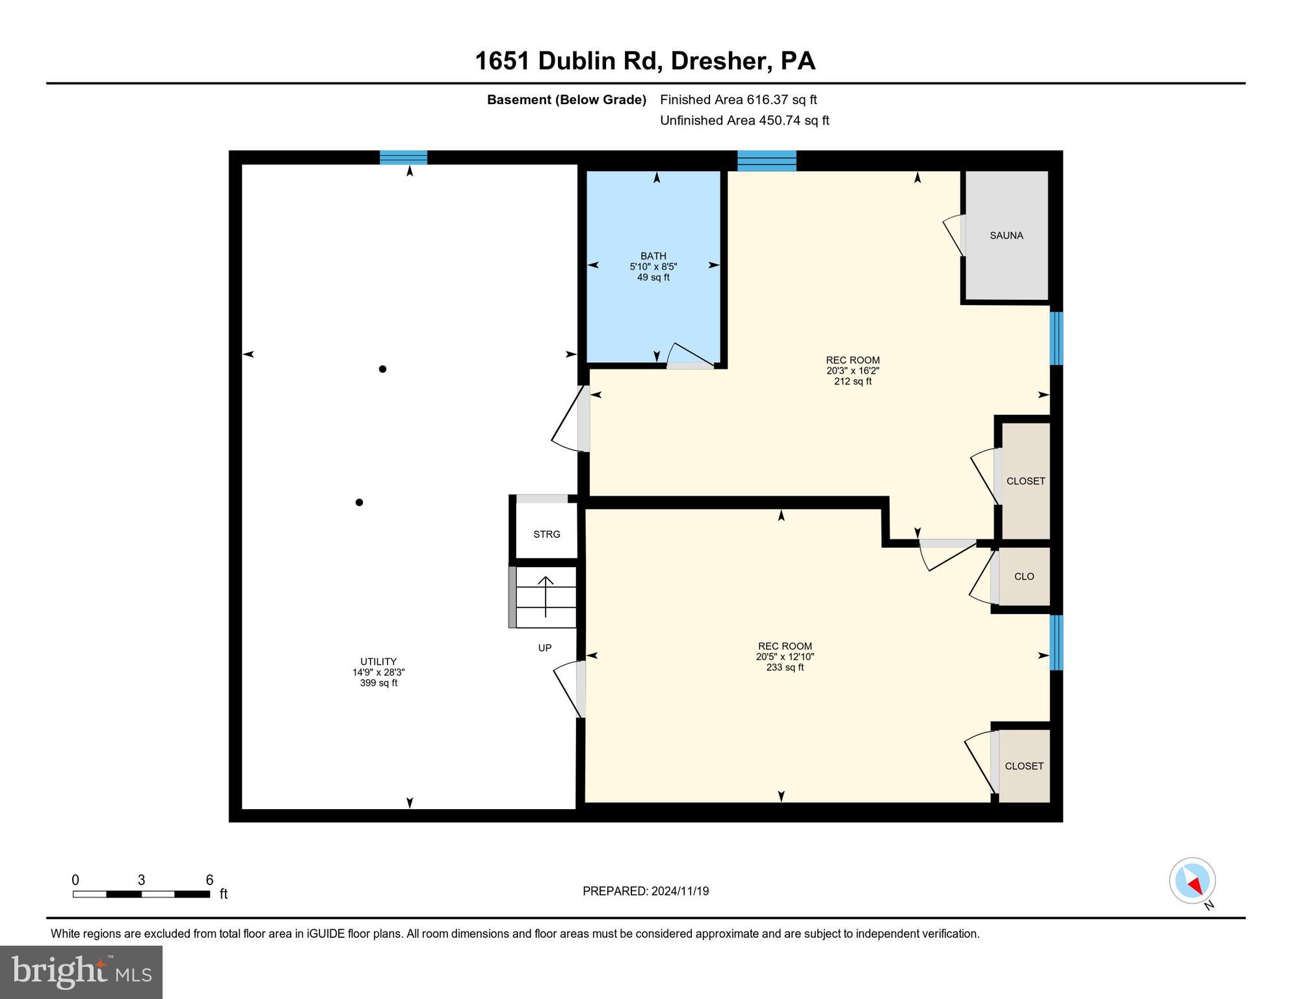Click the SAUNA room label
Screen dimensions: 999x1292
click(x=1006, y=235)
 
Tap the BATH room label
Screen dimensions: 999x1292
click(x=653, y=256)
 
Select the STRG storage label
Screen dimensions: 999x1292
click(x=546, y=534)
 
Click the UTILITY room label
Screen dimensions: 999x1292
click(x=378, y=661)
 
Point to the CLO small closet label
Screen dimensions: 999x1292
click(x=1023, y=576)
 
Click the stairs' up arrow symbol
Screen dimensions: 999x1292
click(x=545, y=595)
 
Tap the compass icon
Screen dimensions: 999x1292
click(x=1192, y=881)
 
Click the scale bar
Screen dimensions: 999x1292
click(x=141, y=894)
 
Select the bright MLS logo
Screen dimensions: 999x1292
click(x=81, y=972)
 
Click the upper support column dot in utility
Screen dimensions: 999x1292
click(x=383, y=369)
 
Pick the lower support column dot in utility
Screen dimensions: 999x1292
click(x=359, y=502)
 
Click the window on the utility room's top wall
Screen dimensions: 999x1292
click(x=403, y=157)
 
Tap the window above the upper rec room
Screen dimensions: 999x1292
click(x=767, y=160)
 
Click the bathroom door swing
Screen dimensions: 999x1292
click(x=691, y=356)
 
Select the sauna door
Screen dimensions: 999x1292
click(x=955, y=235)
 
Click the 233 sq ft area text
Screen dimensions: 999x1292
click(x=785, y=667)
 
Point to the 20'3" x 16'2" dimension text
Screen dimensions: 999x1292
click(x=852, y=371)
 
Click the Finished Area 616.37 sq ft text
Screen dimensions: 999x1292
click(x=738, y=100)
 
